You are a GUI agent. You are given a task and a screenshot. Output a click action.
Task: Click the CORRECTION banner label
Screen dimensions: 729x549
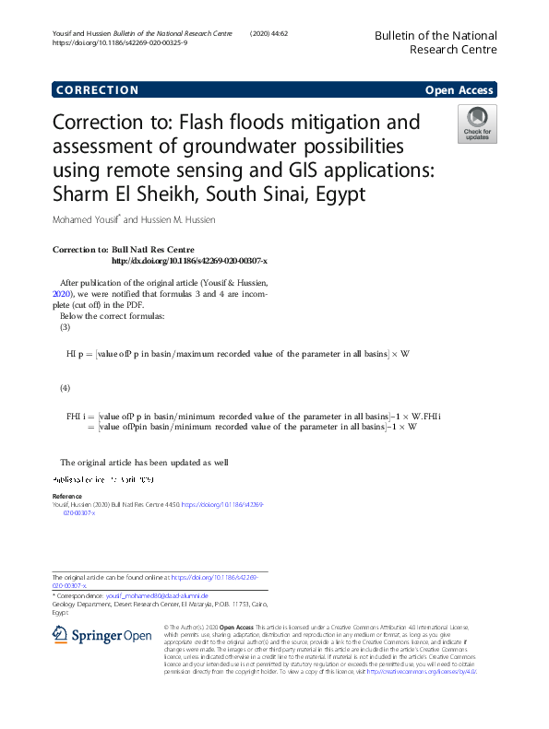tap(97, 90)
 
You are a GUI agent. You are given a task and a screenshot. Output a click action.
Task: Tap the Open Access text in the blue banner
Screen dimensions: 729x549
tap(459, 90)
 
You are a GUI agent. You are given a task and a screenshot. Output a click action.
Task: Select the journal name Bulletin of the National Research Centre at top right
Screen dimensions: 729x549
tap(435, 41)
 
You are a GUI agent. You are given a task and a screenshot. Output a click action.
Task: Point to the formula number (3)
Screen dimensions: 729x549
tap(65, 327)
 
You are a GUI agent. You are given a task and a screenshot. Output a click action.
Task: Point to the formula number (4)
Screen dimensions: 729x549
tap(65, 388)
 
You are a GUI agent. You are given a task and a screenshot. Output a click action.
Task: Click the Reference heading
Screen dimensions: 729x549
tap(67, 496)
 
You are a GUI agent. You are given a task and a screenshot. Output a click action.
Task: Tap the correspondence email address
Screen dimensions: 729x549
tap(157, 596)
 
